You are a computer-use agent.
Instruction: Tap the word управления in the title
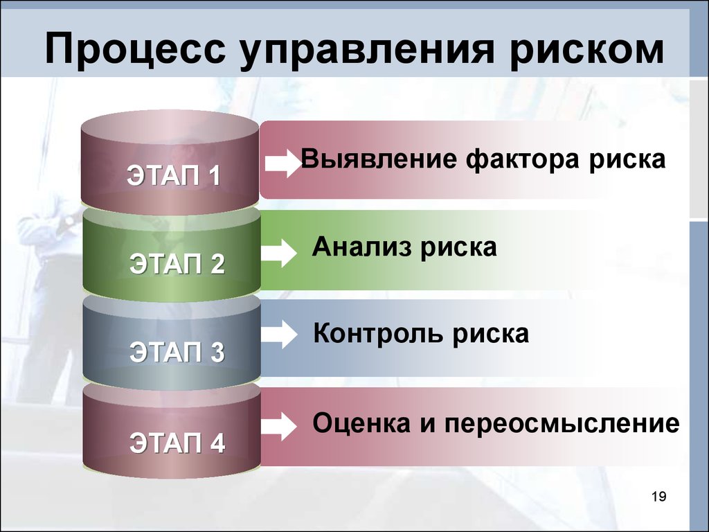click(367, 49)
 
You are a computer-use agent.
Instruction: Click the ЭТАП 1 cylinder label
click(174, 175)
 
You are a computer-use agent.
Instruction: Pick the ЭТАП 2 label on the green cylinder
click(177, 264)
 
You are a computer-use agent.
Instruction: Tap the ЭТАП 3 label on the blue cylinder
click(177, 352)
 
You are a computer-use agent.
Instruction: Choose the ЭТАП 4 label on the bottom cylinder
click(177, 443)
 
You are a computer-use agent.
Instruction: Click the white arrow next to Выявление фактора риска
click(282, 163)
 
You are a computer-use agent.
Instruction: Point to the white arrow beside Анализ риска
click(279, 252)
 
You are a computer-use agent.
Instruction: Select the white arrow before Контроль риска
click(279, 335)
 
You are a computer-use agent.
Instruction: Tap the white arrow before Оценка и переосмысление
click(279, 426)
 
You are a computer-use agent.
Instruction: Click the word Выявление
click(379, 159)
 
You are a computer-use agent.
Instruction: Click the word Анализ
click(361, 247)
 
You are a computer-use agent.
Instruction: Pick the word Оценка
click(361, 424)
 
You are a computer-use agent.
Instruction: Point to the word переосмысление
click(562, 425)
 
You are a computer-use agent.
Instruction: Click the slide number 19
click(659, 497)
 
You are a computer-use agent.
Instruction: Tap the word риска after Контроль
click(491, 335)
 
